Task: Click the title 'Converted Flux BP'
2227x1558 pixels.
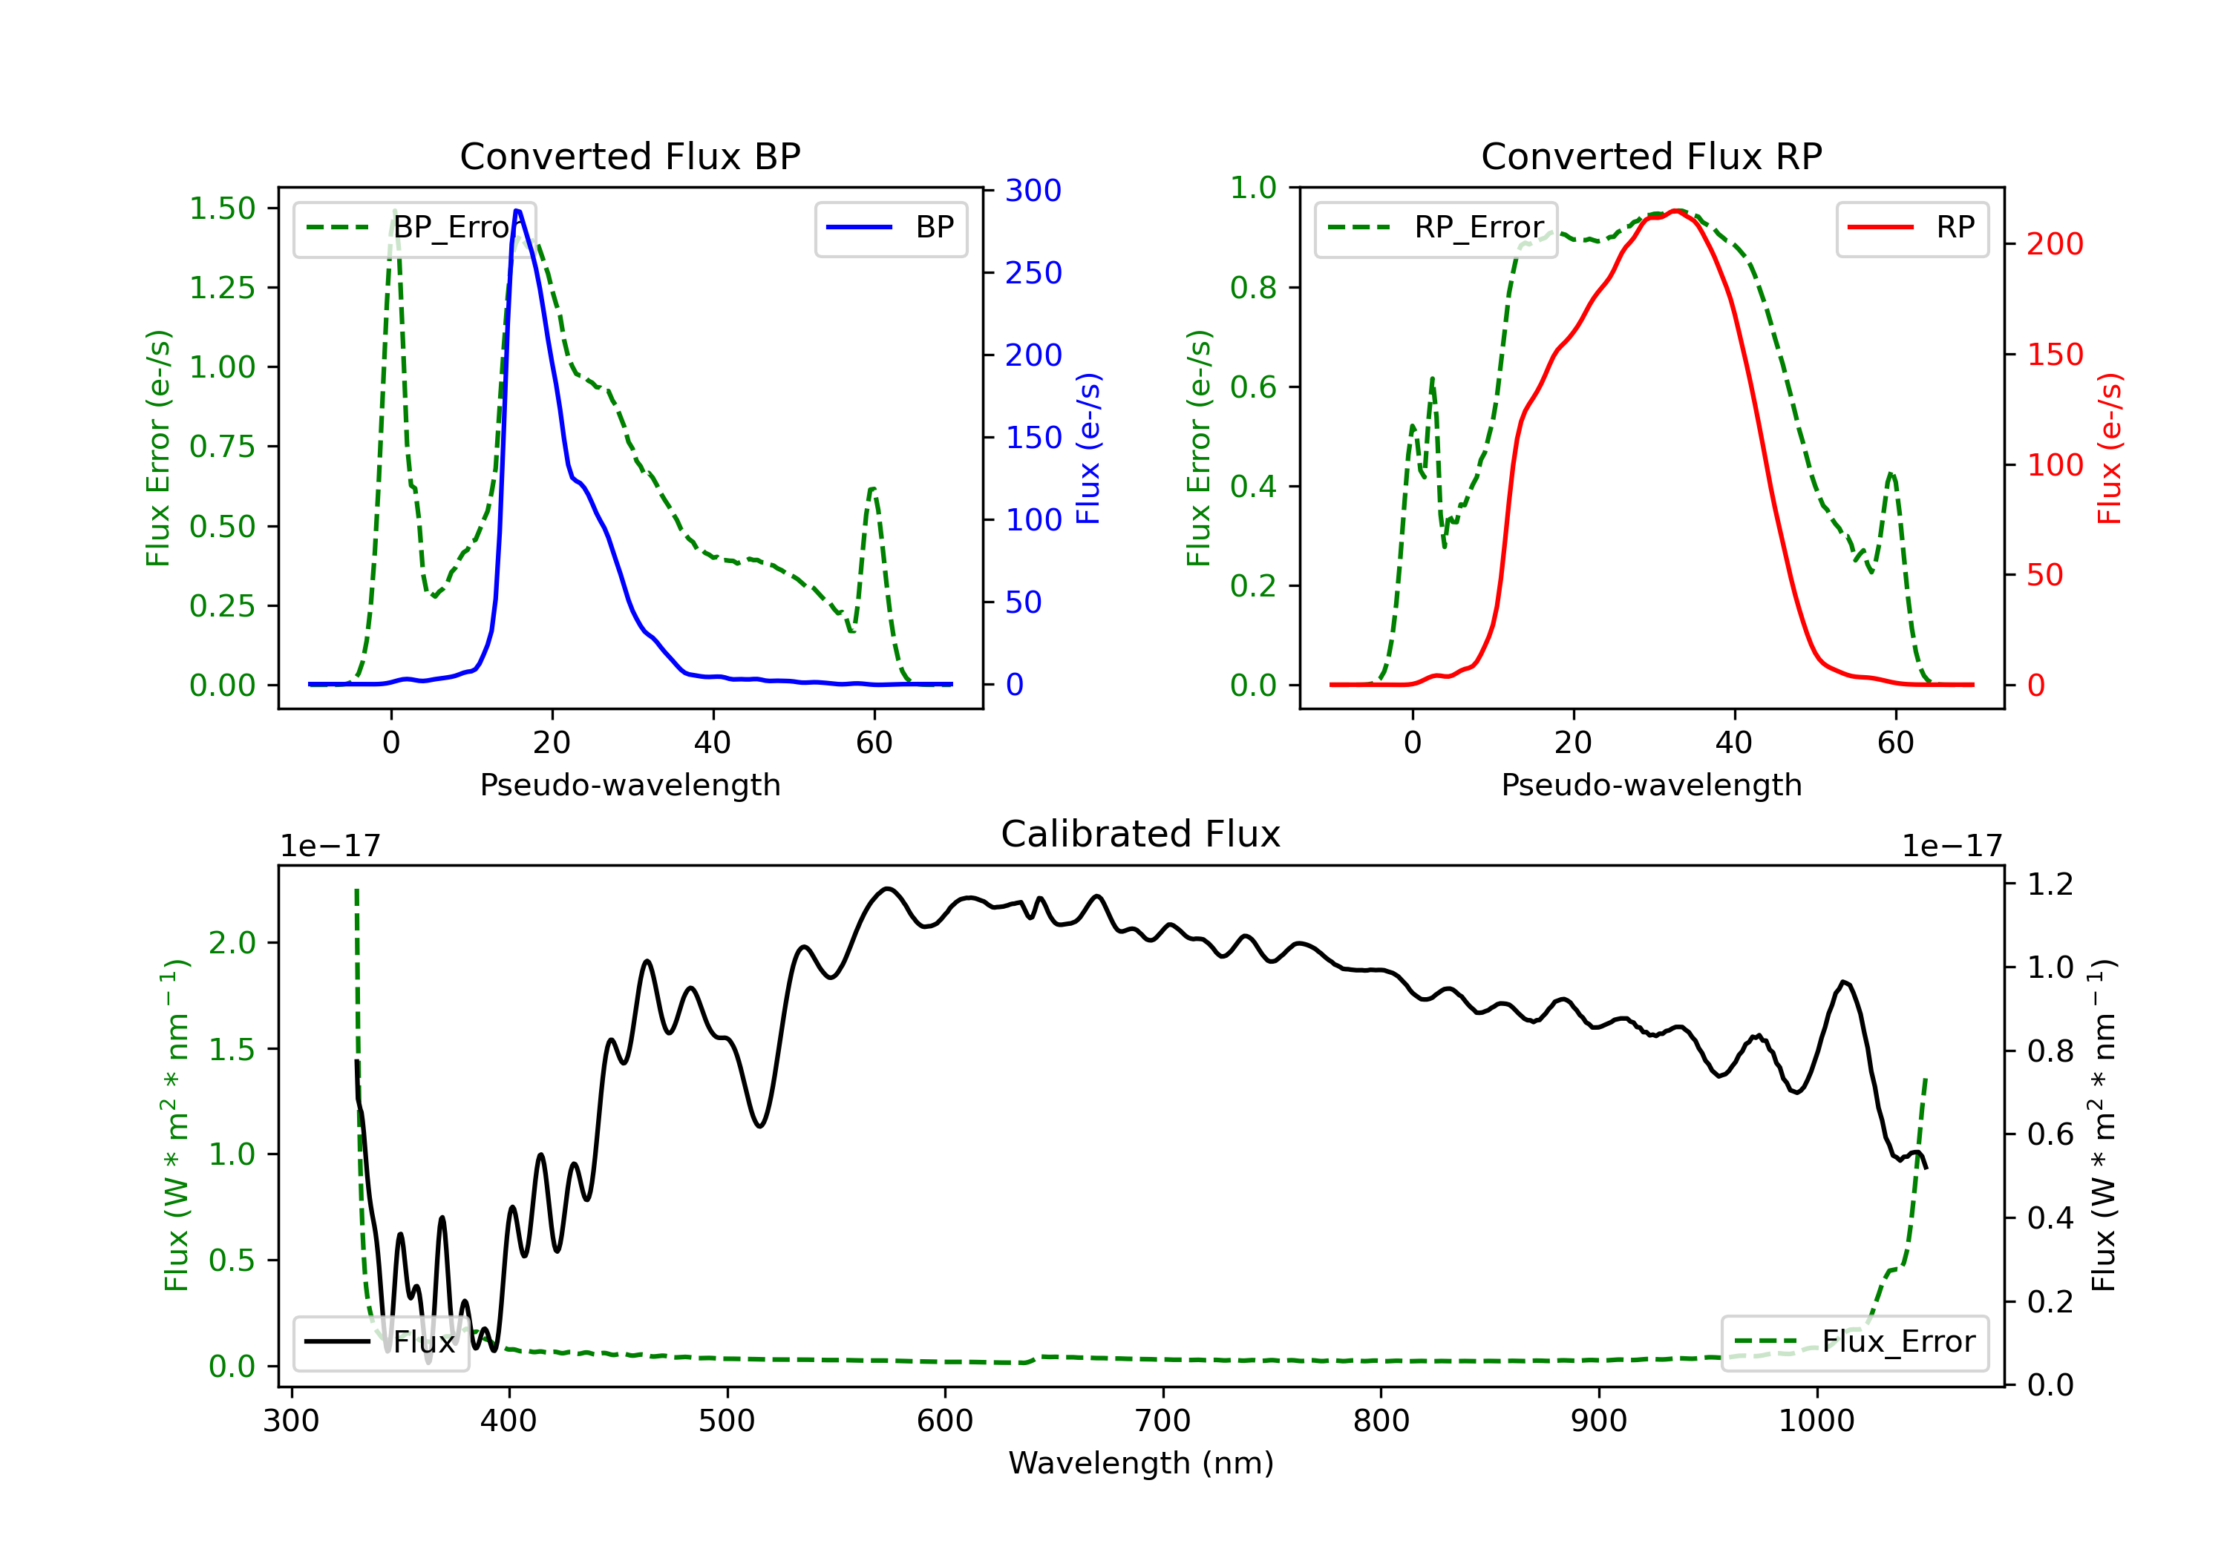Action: click(x=630, y=156)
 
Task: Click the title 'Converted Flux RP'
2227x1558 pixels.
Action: click(x=1652, y=156)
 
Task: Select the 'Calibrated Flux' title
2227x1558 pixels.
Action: click(x=1141, y=834)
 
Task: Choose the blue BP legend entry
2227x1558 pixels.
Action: click(x=890, y=228)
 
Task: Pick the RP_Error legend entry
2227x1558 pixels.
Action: click(x=1436, y=228)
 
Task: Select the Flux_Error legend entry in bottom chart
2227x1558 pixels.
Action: click(x=1854, y=1342)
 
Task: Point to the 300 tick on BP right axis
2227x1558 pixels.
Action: click(x=1033, y=190)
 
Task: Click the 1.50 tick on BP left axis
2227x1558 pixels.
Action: click(x=222, y=208)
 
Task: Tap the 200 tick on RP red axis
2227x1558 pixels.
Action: click(x=2054, y=243)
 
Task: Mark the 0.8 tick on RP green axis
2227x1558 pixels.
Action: click(x=1253, y=287)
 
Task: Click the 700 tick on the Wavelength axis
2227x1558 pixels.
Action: click(x=1163, y=1421)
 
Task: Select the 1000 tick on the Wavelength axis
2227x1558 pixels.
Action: click(x=1816, y=1421)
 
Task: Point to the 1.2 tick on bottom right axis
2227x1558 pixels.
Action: click(x=2050, y=884)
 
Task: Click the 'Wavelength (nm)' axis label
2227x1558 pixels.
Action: click(x=1141, y=1463)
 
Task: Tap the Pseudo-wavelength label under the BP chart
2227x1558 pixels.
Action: click(x=630, y=784)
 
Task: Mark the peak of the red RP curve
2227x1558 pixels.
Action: click(x=1676, y=211)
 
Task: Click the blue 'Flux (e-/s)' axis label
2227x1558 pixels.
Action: click(x=1088, y=449)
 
